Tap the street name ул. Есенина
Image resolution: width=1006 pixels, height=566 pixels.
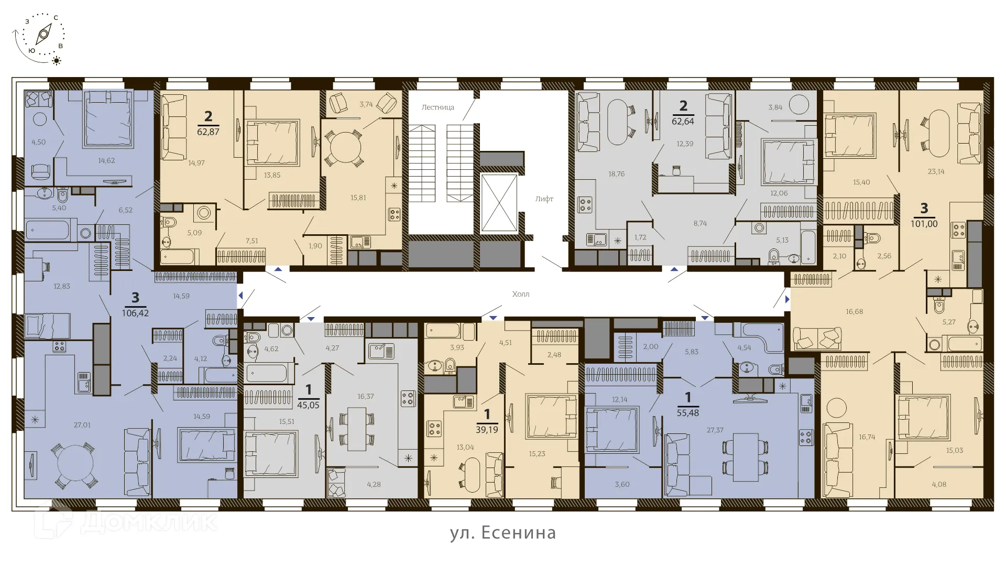[x=502, y=532]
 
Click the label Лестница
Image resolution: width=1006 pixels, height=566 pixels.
[x=438, y=107]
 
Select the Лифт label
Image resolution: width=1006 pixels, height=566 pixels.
[x=544, y=199]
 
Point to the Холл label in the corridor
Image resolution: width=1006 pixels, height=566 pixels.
[x=520, y=294]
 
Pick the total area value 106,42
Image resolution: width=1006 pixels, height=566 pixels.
[x=135, y=313]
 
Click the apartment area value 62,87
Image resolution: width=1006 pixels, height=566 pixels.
[x=208, y=132]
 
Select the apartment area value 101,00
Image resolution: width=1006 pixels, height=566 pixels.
[x=924, y=224]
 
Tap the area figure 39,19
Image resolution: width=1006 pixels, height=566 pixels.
[x=487, y=430]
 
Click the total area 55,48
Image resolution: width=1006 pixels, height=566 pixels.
[x=687, y=413]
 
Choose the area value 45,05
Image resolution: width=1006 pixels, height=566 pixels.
[x=308, y=405]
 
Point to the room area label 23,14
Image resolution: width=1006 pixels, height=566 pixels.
[x=936, y=171]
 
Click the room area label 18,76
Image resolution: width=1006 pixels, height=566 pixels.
[x=616, y=174]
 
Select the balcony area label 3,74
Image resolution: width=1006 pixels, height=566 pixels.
[x=366, y=104]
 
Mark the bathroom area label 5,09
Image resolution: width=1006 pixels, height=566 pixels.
[x=194, y=233]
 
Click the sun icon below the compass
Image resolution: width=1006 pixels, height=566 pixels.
[x=57, y=61]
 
